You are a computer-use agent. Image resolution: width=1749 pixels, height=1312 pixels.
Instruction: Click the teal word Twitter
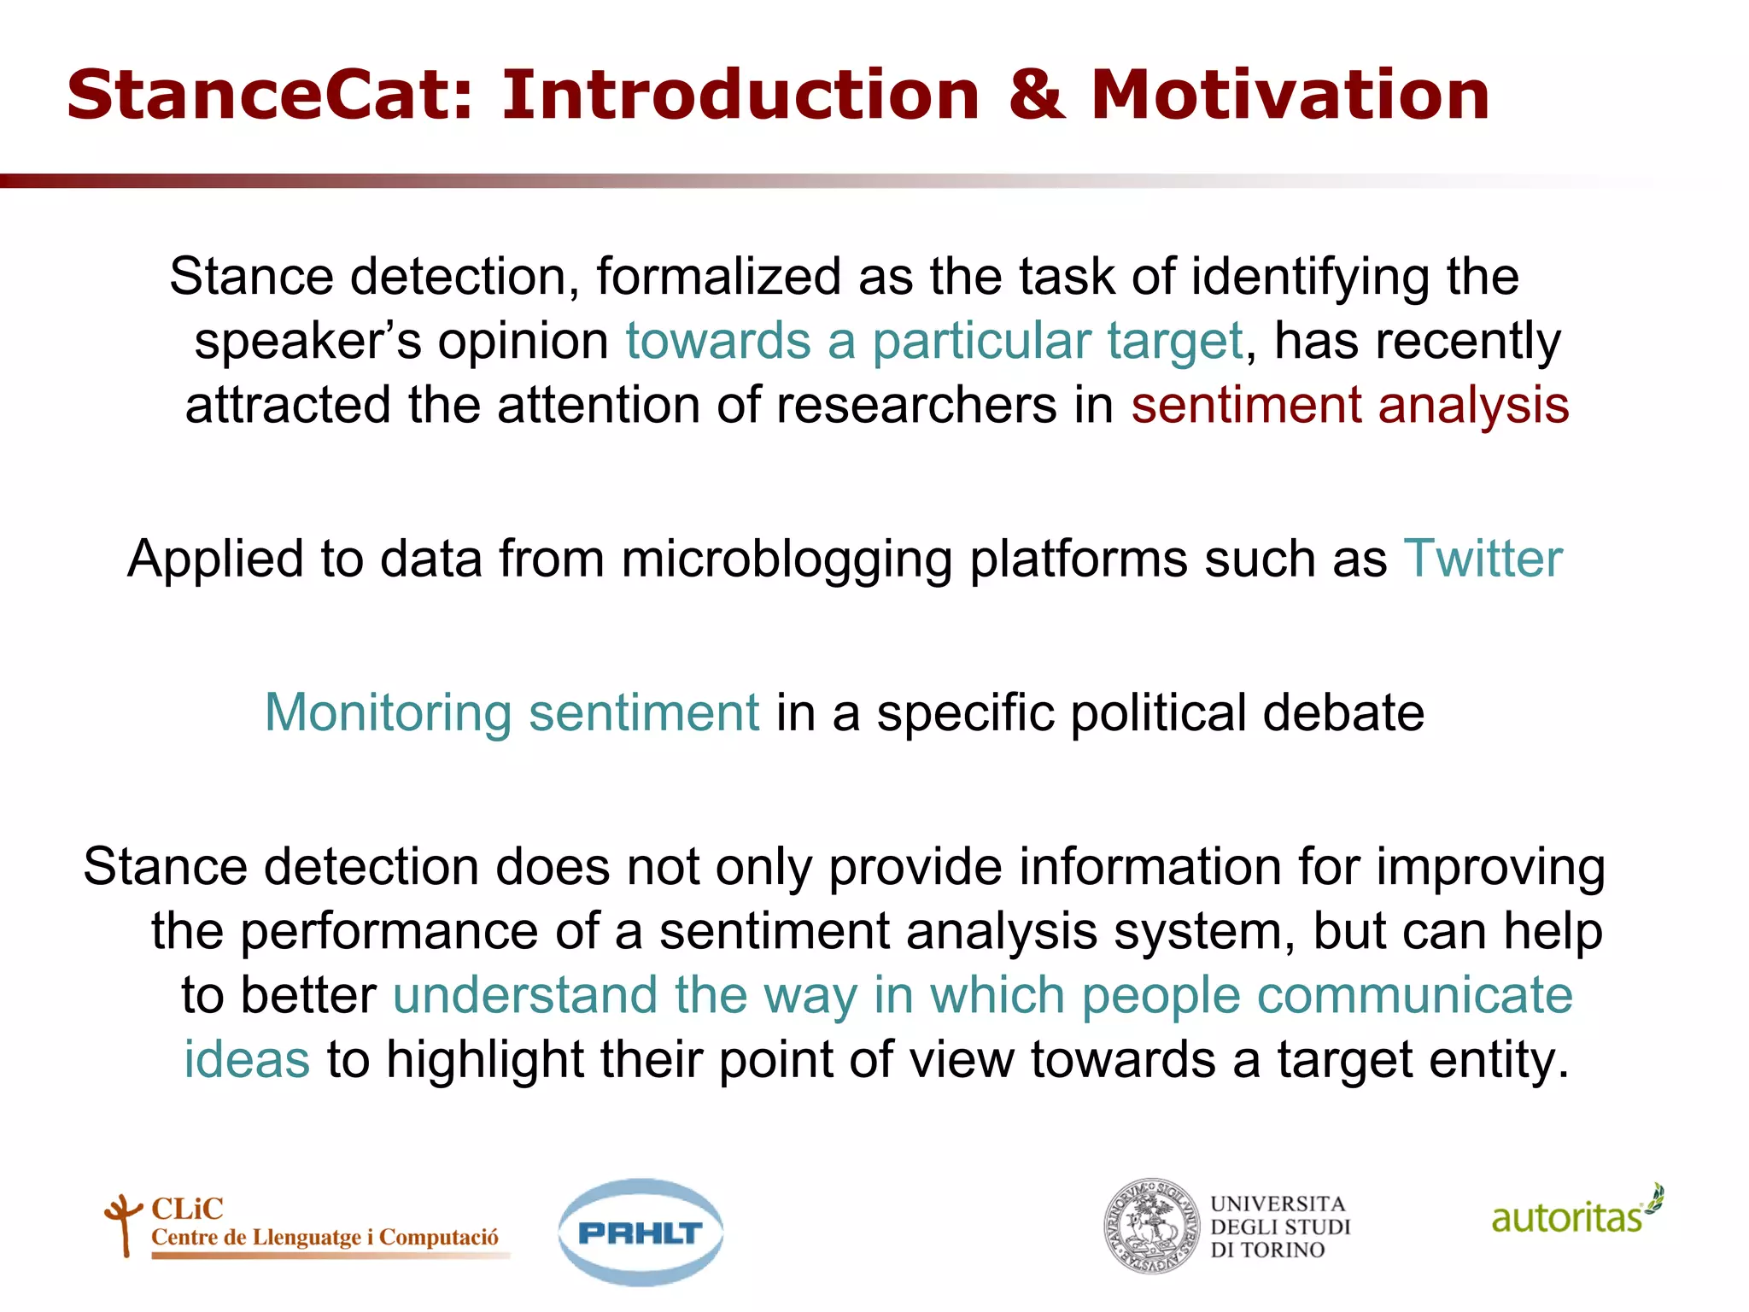(x=1483, y=559)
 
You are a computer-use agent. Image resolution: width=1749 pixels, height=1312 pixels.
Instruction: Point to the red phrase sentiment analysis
(x=1349, y=404)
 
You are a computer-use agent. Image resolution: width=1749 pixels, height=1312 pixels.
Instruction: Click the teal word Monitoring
(x=388, y=712)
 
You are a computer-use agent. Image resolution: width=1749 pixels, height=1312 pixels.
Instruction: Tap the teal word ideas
(x=247, y=1059)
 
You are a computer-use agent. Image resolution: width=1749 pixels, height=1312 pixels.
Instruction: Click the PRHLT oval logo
(x=641, y=1232)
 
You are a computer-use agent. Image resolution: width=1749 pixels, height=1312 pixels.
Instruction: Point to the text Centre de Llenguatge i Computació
(x=325, y=1238)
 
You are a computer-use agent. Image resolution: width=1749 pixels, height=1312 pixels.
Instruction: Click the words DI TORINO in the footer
(x=1267, y=1250)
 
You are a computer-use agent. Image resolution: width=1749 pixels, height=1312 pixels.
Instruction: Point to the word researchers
(x=914, y=404)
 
